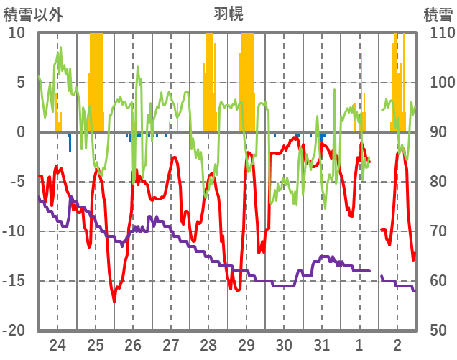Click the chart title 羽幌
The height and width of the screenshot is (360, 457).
[x=228, y=14]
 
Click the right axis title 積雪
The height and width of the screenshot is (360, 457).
[x=438, y=14]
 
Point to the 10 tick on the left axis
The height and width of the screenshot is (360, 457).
[x=17, y=33]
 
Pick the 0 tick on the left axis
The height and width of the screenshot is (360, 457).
[x=20, y=132]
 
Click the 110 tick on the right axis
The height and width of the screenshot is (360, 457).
[x=438, y=33]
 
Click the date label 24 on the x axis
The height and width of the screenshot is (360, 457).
[x=57, y=344]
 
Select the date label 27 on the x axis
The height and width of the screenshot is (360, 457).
[x=171, y=344]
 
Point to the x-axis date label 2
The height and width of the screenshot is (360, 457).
[x=397, y=344]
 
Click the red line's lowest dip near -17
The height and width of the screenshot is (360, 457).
[x=114, y=301]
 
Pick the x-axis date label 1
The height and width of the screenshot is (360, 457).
[x=359, y=344]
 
